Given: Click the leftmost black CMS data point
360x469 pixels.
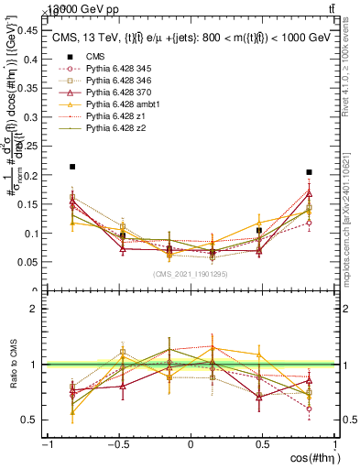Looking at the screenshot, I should pos(72,167).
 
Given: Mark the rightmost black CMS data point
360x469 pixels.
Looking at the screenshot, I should pos(310,172).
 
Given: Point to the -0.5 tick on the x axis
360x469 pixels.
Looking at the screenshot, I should pos(118,444).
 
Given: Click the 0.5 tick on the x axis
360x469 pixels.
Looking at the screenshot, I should pos(262,444).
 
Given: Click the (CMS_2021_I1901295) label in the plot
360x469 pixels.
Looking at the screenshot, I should pos(191,274).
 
